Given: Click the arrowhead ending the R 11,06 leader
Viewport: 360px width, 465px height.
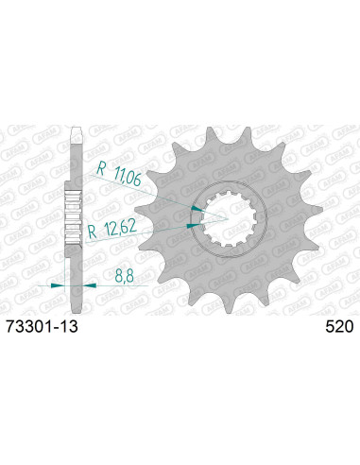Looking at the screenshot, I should click(x=196, y=209).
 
